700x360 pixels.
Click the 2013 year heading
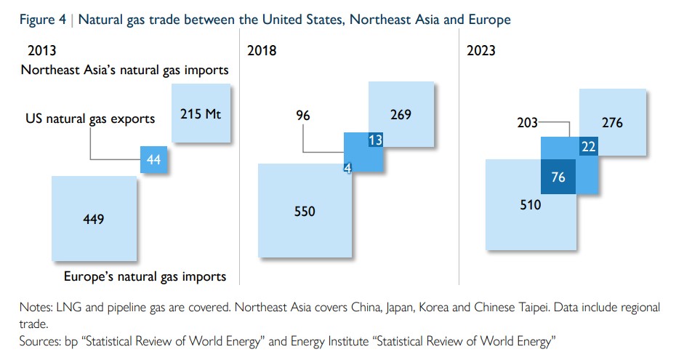[x=42, y=51]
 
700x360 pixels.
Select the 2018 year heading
[x=262, y=51]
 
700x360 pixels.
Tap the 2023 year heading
[x=481, y=51]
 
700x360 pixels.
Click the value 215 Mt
[x=201, y=114]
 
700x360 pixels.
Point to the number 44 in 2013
[x=153, y=160]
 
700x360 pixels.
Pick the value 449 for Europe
[x=93, y=218]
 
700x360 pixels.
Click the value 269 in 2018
[x=400, y=114]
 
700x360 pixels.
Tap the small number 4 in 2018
[x=347, y=168]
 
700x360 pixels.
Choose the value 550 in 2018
[x=305, y=211]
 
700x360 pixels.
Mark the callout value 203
[x=527, y=123]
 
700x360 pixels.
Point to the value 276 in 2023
[x=612, y=123]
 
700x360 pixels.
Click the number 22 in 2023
[x=588, y=147]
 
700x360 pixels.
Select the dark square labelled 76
[x=558, y=177]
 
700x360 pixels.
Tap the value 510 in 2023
[x=530, y=205]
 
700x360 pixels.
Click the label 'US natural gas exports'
[x=90, y=119]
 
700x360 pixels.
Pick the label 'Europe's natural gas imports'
[x=145, y=276]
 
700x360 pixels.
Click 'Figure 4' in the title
[x=43, y=20]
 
